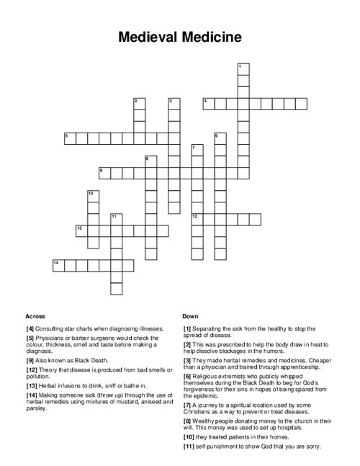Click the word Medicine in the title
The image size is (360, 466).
pos(212,36)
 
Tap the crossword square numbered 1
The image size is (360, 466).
pos(243,69)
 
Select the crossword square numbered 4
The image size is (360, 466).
pos(209,104)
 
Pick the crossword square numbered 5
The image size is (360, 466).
pos(71,138)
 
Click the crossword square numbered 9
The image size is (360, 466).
pos(105,173)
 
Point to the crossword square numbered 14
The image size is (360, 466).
pos(59,265)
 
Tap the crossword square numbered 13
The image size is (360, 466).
pos(82,230)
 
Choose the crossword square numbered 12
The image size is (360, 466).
pos(197,219)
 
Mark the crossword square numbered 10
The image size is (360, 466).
pos(94,196)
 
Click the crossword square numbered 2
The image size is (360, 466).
pos(140,104)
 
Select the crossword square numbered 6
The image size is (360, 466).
pos(220,138)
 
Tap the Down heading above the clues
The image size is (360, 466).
pos(191,316)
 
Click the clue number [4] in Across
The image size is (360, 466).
pos(30,328)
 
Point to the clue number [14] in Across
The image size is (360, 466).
pos(31,395)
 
